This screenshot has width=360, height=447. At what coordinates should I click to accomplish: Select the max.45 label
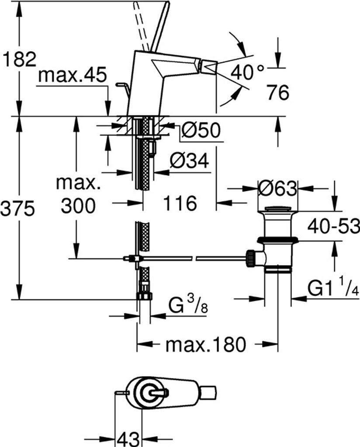click(x=72, y=76)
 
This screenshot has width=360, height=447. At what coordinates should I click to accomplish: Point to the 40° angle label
click(x=247, y=71)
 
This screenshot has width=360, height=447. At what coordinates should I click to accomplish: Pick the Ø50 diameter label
click(x=201, y=130)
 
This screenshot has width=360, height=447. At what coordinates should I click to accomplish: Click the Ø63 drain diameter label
click(x=277, y=189)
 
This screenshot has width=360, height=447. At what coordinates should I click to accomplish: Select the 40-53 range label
click(x=333, y=226)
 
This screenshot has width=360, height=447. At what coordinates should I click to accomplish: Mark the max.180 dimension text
click(x=206, y=345)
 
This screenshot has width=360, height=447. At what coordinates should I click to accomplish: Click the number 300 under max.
click(x=78, y=206)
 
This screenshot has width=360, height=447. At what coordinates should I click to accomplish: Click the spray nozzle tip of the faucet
click(x=208, y=67)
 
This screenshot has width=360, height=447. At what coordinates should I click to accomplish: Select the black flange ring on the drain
click(x=277, y=239)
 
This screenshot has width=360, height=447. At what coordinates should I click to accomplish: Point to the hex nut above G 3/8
click(x=144, y=295)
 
